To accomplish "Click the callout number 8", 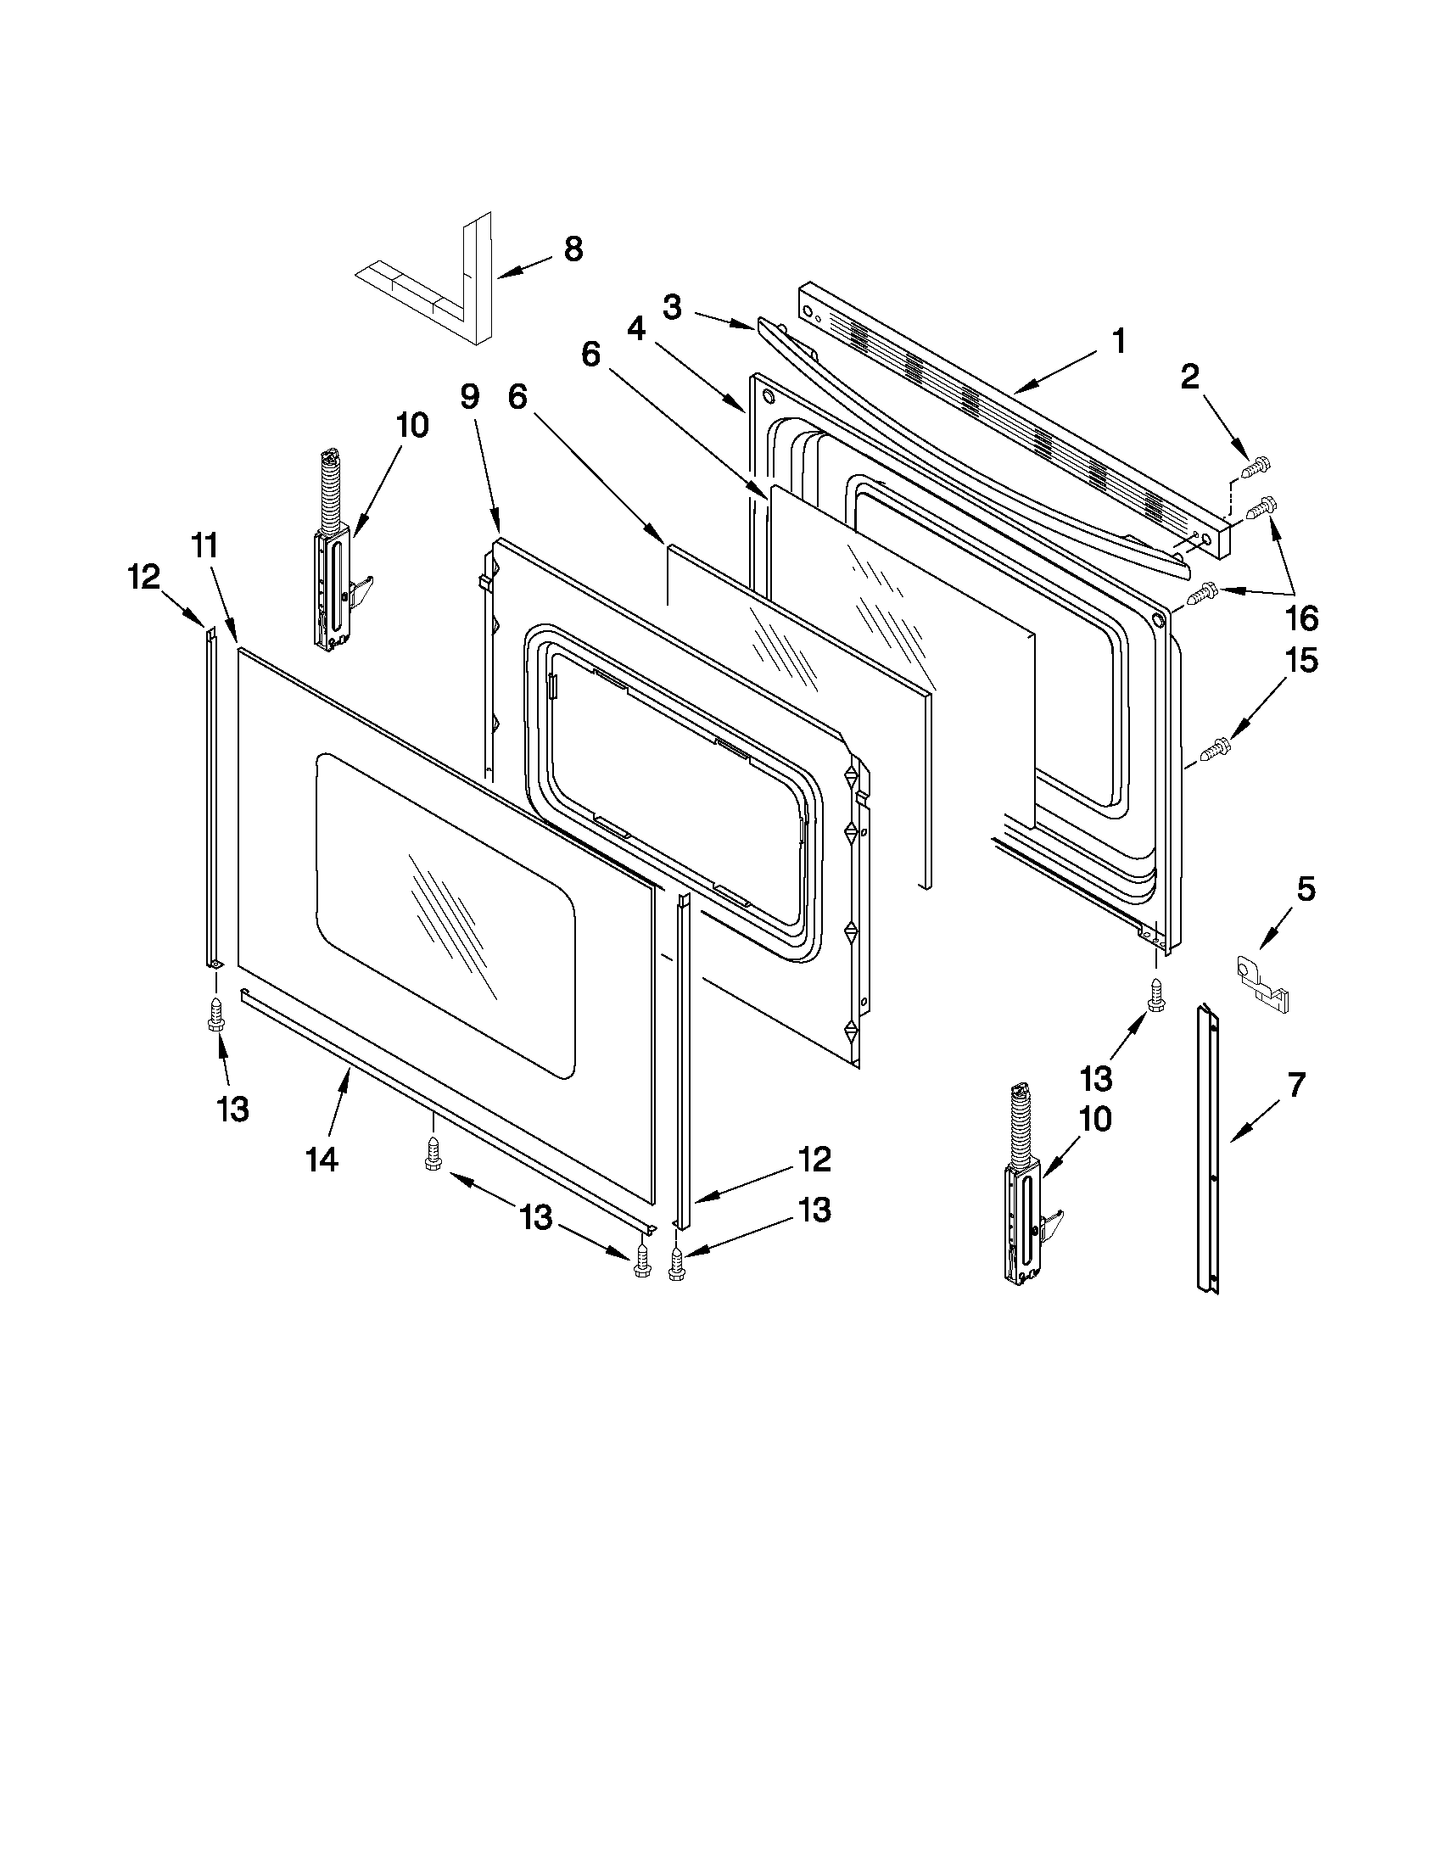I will tap(573, 249).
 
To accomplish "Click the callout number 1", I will tap(1118, 341).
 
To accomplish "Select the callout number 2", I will tap(1190, 377).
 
